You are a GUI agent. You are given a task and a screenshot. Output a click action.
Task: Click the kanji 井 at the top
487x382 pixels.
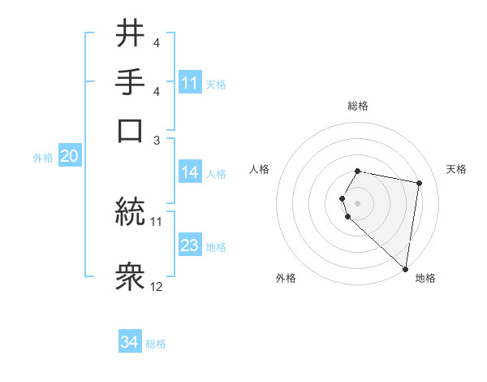pos(131,33)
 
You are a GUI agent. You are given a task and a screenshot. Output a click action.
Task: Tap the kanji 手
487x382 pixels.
pos(131,81)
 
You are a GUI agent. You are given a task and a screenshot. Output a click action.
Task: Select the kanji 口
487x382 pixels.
pos(131,130)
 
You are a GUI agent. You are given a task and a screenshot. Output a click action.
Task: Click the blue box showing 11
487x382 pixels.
pos(190,83)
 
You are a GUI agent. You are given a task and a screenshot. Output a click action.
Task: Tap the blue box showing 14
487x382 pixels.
pos(190,172)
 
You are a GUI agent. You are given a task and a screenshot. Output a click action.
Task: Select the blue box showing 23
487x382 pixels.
pos(190,245)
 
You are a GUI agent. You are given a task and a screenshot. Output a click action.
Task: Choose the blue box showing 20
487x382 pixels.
pos(69,157)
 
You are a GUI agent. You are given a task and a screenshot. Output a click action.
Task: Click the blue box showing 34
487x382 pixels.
pos(129,342)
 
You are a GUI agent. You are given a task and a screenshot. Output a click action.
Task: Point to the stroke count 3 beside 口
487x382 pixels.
pos(157,139)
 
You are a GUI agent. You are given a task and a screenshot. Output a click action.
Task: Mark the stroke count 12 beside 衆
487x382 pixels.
pos(157,286)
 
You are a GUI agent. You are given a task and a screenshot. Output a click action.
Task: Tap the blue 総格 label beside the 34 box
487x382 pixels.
pos(156,343)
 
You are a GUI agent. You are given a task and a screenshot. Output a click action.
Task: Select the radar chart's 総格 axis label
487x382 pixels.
pos(358,106)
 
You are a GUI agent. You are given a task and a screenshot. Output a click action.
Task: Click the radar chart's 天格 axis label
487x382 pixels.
pos(456,169)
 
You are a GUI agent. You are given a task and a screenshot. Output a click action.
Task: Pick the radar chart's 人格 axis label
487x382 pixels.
pos(260,169)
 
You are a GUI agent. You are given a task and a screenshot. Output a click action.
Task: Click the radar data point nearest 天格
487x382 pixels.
pos(419,184)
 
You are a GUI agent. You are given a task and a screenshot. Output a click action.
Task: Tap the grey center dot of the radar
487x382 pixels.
pos(358,202)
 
